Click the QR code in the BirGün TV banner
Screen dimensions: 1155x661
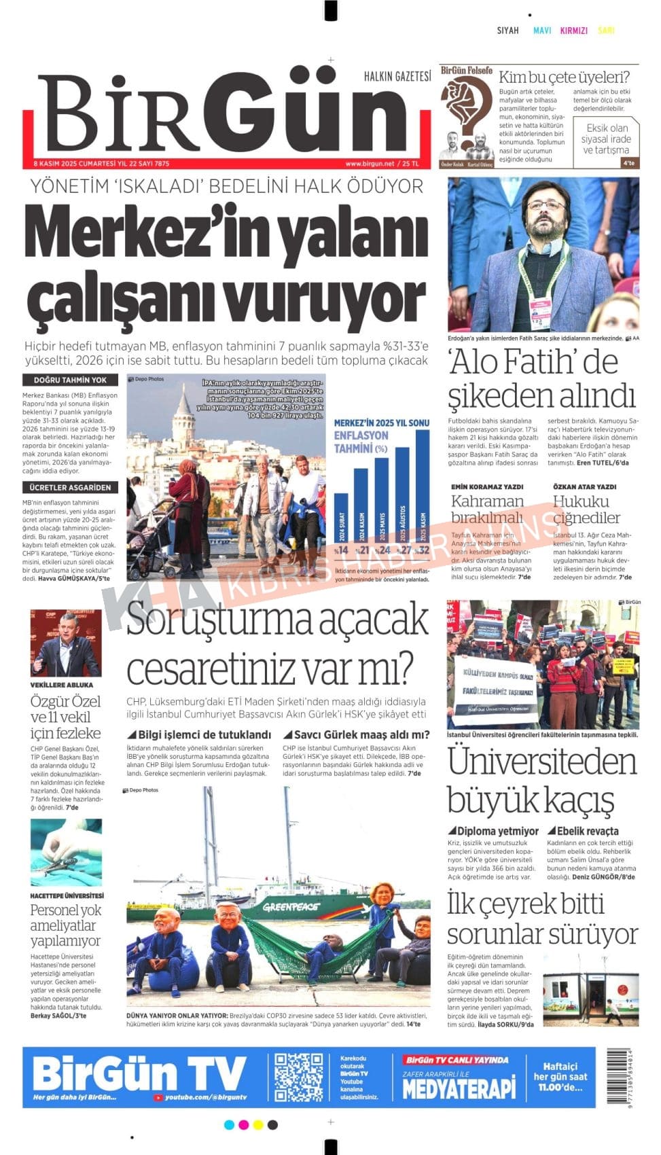(299, 1076)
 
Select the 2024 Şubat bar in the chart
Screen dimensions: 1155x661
(341, 523)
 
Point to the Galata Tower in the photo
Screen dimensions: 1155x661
(183, 421)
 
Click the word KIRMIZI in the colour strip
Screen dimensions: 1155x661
(573, 31)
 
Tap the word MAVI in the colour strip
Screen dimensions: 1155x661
(541, 31)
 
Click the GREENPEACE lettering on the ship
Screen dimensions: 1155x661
(291, 906)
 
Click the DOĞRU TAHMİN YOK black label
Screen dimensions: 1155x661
(70, 380)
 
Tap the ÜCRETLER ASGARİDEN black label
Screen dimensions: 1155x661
(70, 487)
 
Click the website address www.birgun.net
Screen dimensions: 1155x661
(370, 164)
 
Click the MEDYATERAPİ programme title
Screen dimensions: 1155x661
(459, 1088)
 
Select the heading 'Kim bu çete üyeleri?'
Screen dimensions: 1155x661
(564, 77)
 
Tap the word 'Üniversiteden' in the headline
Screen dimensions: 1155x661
(542, 762)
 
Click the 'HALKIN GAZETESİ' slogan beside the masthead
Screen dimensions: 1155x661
(397, 76)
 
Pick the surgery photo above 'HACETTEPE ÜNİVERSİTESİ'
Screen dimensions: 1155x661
(66, 852)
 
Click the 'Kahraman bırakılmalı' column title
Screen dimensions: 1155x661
(487, 510)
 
